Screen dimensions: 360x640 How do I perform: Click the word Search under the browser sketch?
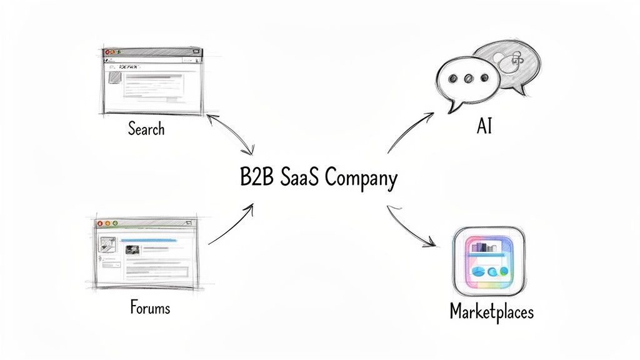pyautogui.click(x=146, y=129)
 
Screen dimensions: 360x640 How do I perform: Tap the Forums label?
pyautogui.click(x=150, y=307)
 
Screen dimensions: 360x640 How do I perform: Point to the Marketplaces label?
pyautogui.click(x=492, y=311)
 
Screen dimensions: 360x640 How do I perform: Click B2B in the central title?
pyautogui.click(x=254, y=177)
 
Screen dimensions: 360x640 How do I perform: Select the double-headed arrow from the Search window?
pyautogui.click(x=231, y=133)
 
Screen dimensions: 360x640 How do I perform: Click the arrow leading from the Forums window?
pyautogui.click(x=231, y=224)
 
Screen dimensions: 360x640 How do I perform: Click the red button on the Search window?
pyautogui.click(x=107, y=51)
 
